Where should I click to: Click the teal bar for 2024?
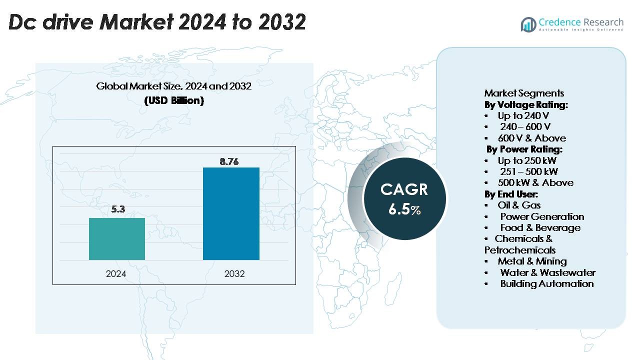point(117,239)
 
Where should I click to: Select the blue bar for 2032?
point(231,213)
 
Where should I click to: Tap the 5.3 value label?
point(118,209)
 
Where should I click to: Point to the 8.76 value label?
point(230,161)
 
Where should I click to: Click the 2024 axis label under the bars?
point(116,274)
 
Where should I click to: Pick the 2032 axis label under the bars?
point(234,274)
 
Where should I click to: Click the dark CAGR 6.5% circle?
point(404,198)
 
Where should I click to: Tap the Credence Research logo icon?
point(528,24)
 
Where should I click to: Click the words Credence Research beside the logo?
point(581,22)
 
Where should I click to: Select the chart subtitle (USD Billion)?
point(174,100)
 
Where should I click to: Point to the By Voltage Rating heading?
point(526,104)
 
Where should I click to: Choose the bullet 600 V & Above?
point(531,138)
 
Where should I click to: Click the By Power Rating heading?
point(524,149)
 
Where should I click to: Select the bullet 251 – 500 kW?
point(529,171)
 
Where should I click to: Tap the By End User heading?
point(511,194)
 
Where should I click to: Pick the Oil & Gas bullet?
point(519,205)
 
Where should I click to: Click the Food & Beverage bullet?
point(540,227)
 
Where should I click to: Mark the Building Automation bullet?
point(546,283)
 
